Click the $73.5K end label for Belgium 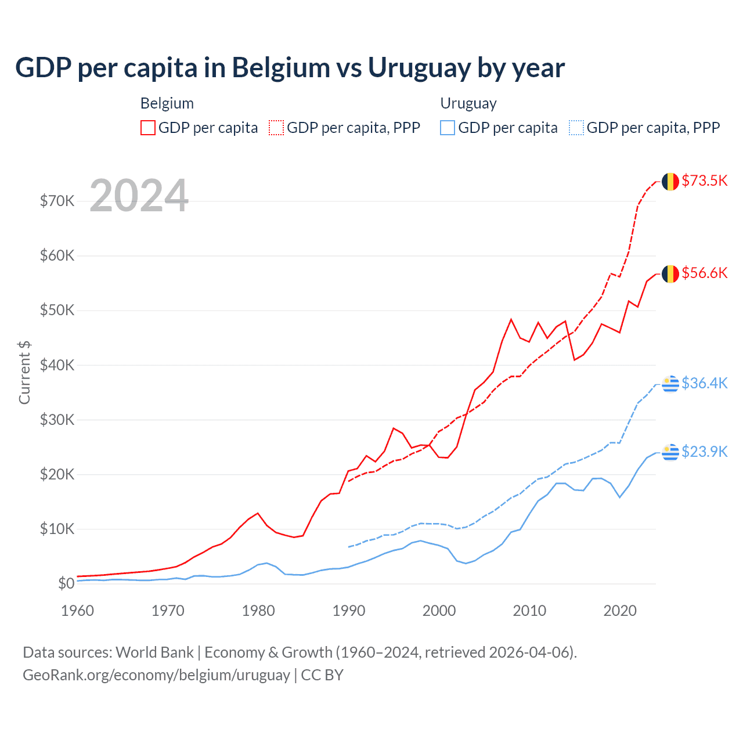click(x=704, y=181)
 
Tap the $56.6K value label click(x=704, y=273)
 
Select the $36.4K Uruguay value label click(x=704, y=383)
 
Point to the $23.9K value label click(x=704, y=452)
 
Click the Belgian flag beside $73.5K click(x=670, y=181)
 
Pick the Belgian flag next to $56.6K click(x=670, y=273)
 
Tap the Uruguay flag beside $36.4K click(x=670, y=383)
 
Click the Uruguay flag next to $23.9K click(x=670, y=452)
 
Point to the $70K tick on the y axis click(x=57, y=201)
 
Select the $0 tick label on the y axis click(x=66, y=583)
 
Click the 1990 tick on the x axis click(x=349, y=611)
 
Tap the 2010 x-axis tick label click(x=529, y=611)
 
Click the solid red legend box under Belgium click(x=148, y=128)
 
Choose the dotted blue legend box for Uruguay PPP click(x=576, y=128)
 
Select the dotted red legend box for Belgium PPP click(x=276, y=128)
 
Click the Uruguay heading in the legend click(x=468, y=103)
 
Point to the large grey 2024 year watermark click(x=139, y=196)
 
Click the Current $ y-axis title click(x=24, y=373)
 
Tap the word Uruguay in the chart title click(x=420, y=68)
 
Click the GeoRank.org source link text click(x=156, y=675)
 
